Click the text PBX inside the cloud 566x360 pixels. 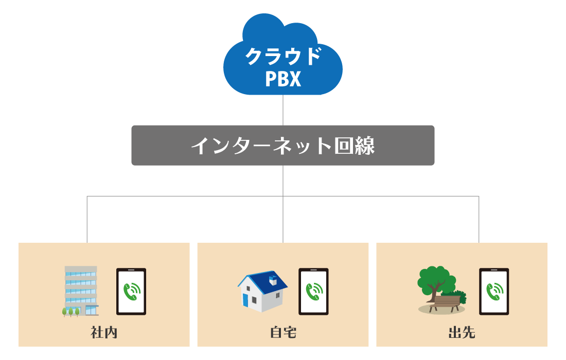(283, 79)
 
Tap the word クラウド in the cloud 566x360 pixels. (283, 56)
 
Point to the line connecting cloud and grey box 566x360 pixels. (283, 110)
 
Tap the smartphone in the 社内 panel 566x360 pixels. (131, 291)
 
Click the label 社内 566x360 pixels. (104, 333)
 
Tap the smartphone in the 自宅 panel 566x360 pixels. (313, 291)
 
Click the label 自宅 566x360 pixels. (283, 333)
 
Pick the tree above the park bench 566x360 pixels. (435, 280)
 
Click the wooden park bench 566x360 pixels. (445, 302)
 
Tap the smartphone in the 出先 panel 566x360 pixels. (494, 291)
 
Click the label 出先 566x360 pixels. (462, 333)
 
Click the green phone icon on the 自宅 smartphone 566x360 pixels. (313, 291)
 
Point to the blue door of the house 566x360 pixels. (245, 300)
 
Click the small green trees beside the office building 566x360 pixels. (71, 311)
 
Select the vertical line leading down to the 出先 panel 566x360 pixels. (479, 220)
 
